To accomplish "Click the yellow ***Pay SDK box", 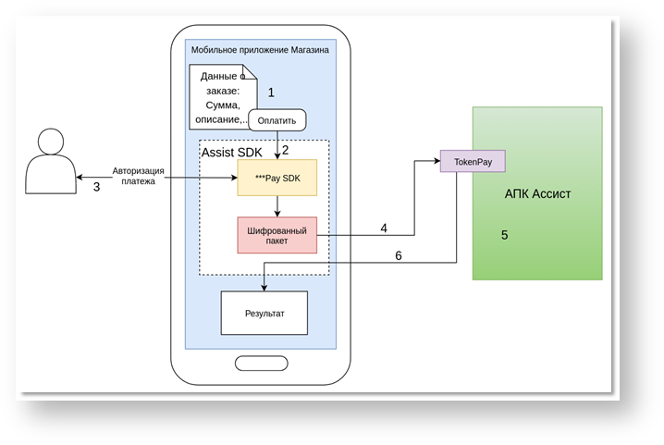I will click(277, 177).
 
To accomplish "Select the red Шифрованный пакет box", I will click(277, 234).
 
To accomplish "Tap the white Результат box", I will click(264, 313).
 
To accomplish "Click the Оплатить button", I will click(277, 120).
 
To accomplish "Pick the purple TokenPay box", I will click(473, 162).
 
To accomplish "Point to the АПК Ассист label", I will click(538, 194).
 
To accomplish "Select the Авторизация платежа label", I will click(138, 176).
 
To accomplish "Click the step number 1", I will click(271, 93).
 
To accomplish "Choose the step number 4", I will click(384, 228).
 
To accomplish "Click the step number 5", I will click(504, 235).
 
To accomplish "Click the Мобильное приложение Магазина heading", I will click(260, 50).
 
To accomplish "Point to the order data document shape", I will click(219, 93).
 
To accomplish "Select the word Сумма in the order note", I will click(215, 105).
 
